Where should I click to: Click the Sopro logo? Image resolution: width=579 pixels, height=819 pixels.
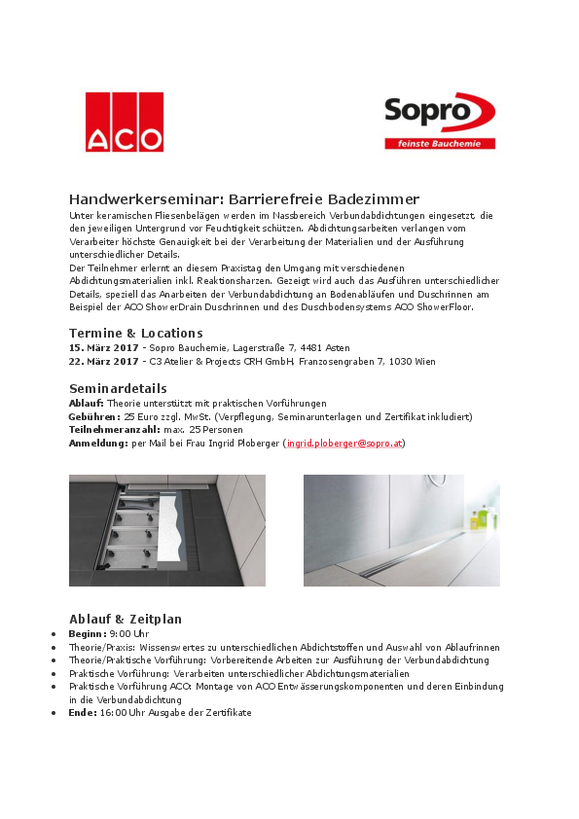coord(439,113)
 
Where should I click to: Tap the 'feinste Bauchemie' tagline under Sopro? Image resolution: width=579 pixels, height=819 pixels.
coord(439,143)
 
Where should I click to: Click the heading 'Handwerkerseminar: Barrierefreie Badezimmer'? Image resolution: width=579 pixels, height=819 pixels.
coord(244,198)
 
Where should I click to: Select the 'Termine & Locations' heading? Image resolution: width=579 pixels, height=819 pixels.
coord(135,333)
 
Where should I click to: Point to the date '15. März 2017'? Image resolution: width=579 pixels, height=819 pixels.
coord(103,347)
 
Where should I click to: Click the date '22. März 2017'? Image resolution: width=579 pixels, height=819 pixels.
coord(103,361)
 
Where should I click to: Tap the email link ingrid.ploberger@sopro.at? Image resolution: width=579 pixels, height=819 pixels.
coord(344,444)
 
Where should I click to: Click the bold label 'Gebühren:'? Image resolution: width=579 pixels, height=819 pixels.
coord(94,416)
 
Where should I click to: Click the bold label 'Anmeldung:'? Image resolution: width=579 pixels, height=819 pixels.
coord(98,444)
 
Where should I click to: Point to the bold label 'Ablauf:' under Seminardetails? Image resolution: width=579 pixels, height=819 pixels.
coord(87,403)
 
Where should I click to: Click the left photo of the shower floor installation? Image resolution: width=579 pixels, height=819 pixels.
coord(166,530)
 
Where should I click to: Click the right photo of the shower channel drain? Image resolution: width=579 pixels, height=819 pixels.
coord(401,530)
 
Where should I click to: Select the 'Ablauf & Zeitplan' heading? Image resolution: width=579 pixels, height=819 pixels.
coord(126,619)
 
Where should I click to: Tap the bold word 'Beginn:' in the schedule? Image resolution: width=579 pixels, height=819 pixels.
coord(88,633)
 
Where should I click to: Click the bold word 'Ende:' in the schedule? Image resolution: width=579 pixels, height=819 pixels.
coord(83,712)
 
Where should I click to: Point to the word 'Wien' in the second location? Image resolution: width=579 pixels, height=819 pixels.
coord(423,361)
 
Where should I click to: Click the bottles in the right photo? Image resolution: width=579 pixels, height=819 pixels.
coord(479,516)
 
